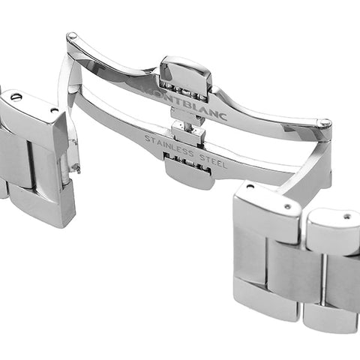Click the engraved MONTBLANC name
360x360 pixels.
coord(184,103)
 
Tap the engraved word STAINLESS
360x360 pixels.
coord(169,146)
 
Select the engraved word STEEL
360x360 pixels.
coord(213,160)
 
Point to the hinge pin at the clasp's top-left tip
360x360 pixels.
coord(72,35)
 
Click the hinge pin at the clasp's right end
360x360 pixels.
coord(325,123)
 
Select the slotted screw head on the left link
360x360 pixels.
coord(16,96)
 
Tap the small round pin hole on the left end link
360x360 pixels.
coord(53,109)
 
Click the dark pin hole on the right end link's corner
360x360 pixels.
coord(249,186)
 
